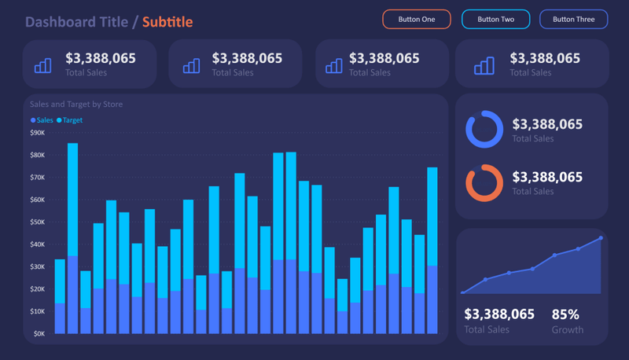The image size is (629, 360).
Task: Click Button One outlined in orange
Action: click(417, 19)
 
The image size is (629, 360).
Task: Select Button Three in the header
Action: click(573, 19)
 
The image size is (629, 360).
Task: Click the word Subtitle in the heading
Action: click(167, 21)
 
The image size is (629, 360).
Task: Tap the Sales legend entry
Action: click(42, 120)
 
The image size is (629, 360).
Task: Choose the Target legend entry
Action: click(70, 120)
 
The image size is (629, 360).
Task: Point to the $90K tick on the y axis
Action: click(38, 133)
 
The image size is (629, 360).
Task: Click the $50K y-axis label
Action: click(38, 222)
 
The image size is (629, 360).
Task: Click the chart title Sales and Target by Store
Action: click(76, 104)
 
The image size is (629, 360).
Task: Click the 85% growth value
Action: click(565, 314)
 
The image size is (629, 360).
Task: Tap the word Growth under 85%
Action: click(568, 330)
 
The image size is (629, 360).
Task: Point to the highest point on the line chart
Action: click(601, 237)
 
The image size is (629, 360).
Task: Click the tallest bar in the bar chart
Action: click(72, 236)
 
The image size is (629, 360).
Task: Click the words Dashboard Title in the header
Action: click(76, 21)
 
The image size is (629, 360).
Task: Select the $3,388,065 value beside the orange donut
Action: click(547, 177)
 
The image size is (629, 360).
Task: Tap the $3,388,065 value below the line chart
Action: click(499, 314)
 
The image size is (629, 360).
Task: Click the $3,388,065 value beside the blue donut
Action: click(547, 124)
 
